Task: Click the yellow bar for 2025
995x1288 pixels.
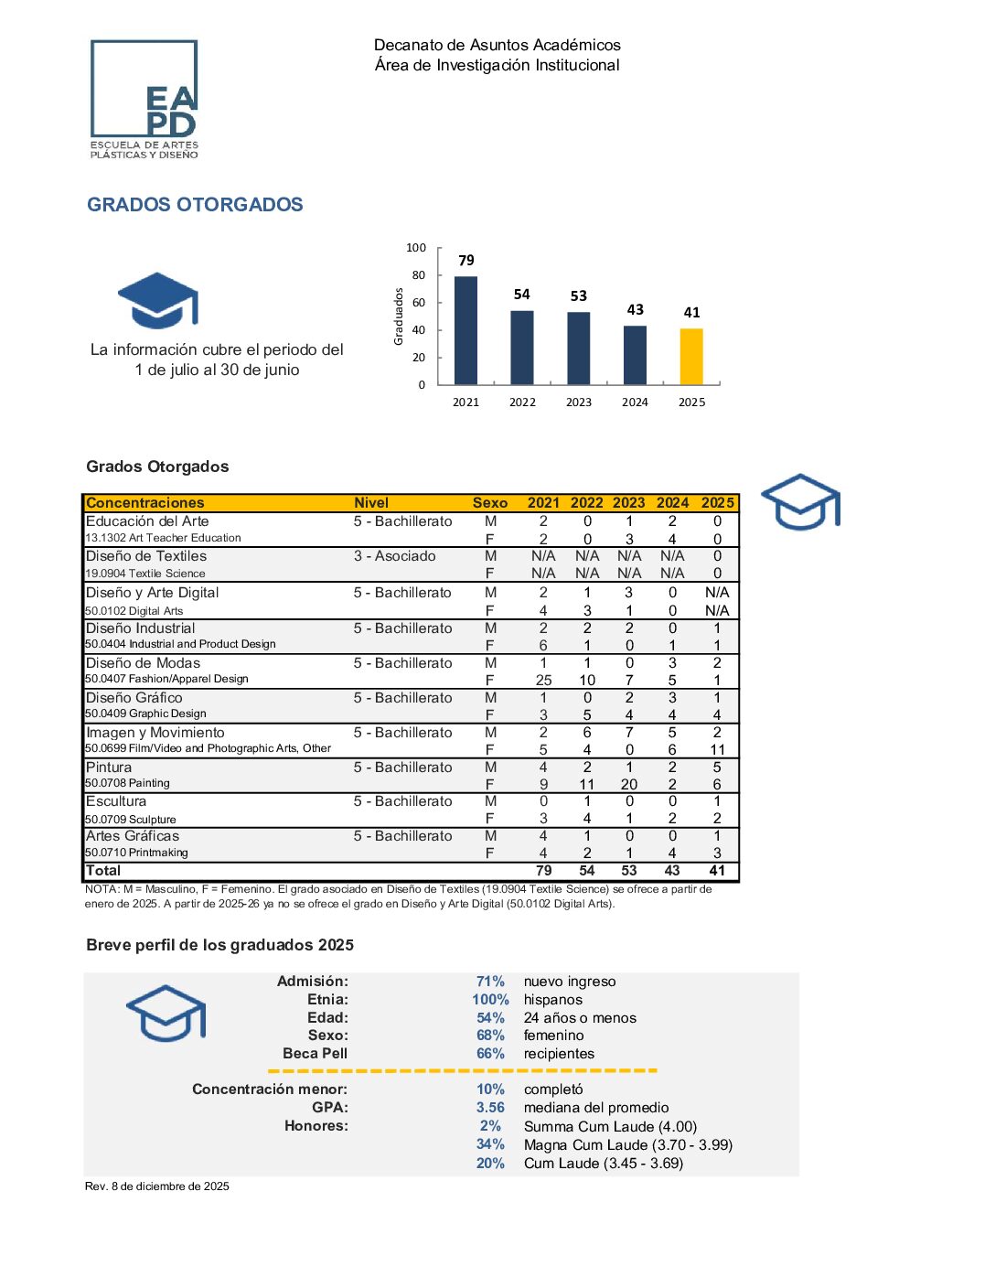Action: (691, 357)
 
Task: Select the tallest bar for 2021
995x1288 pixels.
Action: (465, 330)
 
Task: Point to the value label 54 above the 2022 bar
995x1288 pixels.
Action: (521, 295)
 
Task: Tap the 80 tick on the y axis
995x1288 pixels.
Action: (419, 275)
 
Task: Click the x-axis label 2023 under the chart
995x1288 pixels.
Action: (579, 402)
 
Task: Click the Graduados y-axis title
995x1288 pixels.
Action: (399, 317)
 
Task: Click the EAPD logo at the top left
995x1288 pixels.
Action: (144, 99)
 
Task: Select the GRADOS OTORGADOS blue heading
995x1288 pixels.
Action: (195, 205)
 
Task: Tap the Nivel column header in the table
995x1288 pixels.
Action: (371, 503)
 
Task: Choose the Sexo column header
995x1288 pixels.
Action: (490, 503)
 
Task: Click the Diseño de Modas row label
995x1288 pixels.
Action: (143, 663)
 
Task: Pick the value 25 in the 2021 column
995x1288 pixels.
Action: (543, 681)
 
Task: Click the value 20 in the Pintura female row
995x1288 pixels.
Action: (629, 785)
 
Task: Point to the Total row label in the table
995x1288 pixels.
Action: (103, 871)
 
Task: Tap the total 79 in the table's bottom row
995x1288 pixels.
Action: (543, 871)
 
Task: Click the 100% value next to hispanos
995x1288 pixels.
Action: (490, 1000)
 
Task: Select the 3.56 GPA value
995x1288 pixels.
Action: (490, 1108)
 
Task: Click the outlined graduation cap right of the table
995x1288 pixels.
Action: (800, 501)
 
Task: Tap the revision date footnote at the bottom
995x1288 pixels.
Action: (157, 1186)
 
